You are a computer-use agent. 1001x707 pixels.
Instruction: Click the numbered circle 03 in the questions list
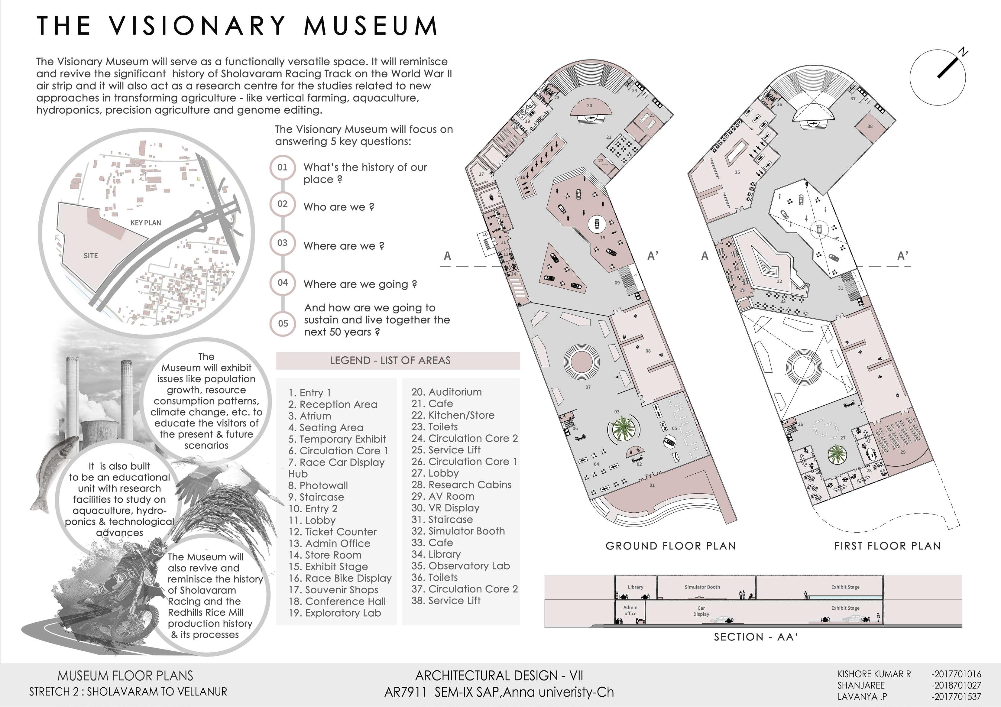(283, 243)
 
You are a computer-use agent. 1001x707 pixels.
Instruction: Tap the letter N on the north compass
(963, 53)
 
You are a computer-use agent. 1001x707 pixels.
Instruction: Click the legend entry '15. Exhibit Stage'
(328, 566)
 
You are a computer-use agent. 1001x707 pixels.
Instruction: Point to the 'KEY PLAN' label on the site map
(146, 223)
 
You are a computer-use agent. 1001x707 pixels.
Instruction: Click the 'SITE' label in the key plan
(91, 256)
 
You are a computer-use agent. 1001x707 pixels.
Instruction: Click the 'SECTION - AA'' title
(756, 637)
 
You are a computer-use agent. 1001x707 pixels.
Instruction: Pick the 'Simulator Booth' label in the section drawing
(702, 587)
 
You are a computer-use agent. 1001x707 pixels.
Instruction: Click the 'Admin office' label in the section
(630, 610)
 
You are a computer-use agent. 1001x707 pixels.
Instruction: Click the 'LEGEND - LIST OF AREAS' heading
(390, 361)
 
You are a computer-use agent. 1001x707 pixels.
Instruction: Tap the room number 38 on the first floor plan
(870, 126)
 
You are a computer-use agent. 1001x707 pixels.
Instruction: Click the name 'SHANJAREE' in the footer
(861, 685)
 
